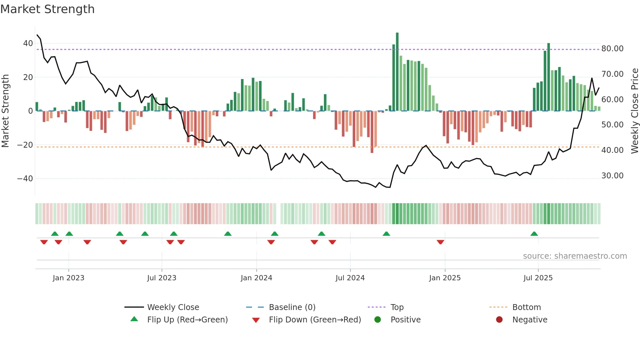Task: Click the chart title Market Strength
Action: (x=47, y=9)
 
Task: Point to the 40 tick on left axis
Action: (x=28, y=43)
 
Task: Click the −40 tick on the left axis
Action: (x=25, y=179)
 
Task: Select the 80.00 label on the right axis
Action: (x=612, y=49)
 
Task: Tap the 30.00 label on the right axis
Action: (x=612, y=176)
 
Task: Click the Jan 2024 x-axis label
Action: (x=256, y=278)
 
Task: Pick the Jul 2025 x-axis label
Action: (x=538, y=278)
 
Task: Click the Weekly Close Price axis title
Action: (x=634, y=111)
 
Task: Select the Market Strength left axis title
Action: (x=6, y=111)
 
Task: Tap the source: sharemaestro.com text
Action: (x=575, y=256)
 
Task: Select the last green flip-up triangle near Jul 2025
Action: (x=534, y=234)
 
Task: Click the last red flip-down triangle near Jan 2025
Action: (x=440, y=242)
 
